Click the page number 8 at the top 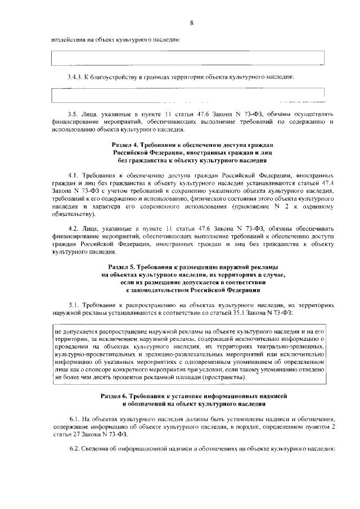(x=191, y=22)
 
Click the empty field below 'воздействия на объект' (x=188, y=58)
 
